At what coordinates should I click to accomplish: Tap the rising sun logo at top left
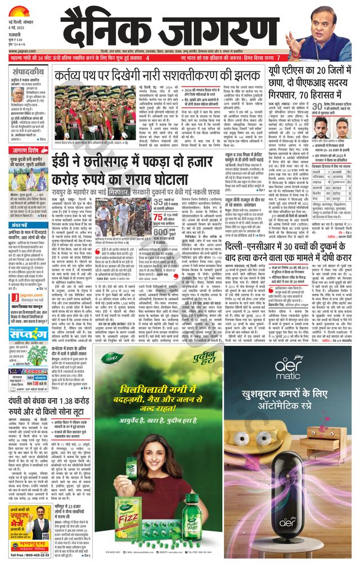19,7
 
